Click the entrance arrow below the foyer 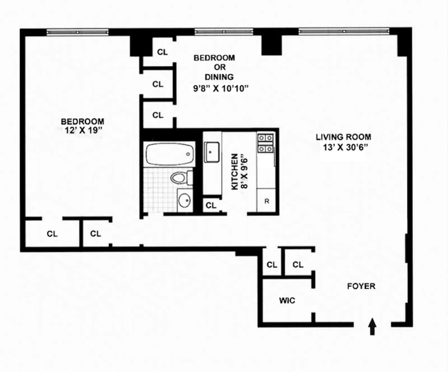(372, 326)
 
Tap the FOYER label (361, 286)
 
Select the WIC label (287, 301)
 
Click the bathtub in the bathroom (169, 154)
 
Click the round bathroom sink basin (184, 201)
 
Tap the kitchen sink (212, 152)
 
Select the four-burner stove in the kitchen (265, 143)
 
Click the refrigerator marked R (266, 201)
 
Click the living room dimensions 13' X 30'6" (345, 147)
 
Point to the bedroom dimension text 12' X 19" (83, 130)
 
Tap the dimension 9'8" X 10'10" (221, 89)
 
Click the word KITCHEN (235, 171)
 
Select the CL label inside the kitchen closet (211, 205)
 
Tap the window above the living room (344, 31)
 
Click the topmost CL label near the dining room (162, 52)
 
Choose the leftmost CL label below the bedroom (52, 234)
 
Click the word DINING (219, 77)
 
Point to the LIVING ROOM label (343, 137)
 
